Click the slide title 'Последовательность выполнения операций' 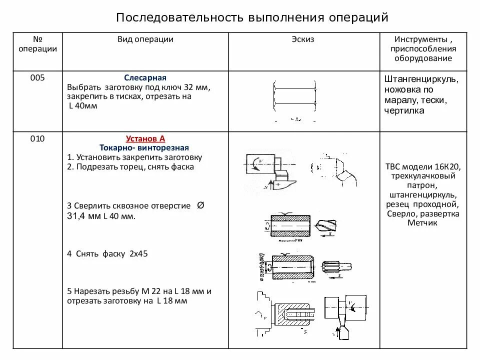(252, 17)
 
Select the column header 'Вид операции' (145, 39)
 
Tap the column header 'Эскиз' (303, 39)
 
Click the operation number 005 (37, 78)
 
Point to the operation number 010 (37, 139)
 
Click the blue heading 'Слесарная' (145, 78)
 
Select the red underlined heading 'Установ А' (145, 139)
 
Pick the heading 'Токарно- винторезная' (144, 148)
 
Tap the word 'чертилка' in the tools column (404, 110)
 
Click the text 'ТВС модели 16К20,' (422, 167)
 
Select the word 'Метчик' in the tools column (422, 222)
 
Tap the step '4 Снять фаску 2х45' (107, 253)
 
